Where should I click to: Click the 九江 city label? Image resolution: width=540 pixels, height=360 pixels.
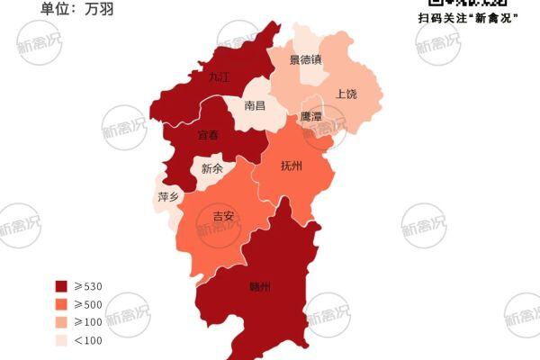pos(219,77)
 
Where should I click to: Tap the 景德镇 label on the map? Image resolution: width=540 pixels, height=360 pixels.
pos(305,60)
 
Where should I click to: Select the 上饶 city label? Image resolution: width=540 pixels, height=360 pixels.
pos(346,94)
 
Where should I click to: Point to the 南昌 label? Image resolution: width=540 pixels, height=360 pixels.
pos(255,105)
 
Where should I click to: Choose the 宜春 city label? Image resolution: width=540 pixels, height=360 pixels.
pos(208,135)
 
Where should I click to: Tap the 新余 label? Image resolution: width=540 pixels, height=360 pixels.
pos(212,168)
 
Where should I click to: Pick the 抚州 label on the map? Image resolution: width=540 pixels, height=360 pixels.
pos(292,166)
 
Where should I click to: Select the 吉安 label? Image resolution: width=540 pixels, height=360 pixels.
pos(222,216)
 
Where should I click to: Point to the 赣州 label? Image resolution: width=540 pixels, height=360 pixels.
pos(259,287)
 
